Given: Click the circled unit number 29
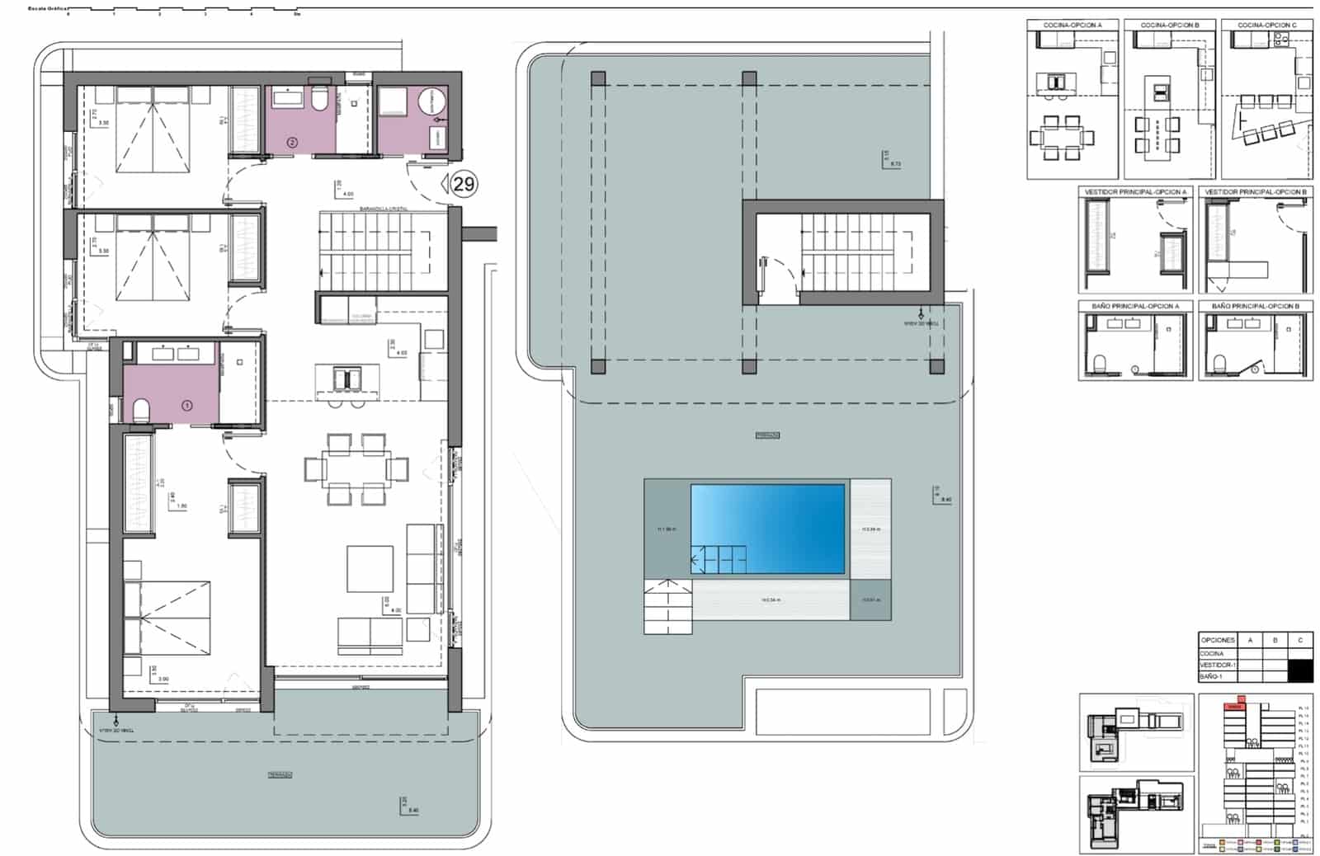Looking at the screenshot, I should pos(464,183).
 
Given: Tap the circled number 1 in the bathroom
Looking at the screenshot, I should pos(187,405).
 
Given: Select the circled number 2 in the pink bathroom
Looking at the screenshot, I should pos(292,142).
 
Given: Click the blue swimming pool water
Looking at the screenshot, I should pos(767,528).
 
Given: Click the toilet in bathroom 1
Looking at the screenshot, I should pos(140,409).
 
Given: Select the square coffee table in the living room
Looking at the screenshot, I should pos(370,569).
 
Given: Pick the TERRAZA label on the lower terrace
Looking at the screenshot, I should pos(280,774).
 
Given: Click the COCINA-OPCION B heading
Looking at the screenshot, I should pos(1169,26).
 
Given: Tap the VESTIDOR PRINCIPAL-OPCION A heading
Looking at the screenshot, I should pos(1135,192).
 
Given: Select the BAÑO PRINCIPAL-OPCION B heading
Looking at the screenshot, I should pos(1255,306).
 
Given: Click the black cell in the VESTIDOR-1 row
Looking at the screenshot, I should pos(1300,670).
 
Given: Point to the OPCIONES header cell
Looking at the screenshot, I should pos(1218,640).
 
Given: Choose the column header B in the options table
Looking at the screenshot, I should pos(1275,640).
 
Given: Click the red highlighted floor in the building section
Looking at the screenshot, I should pos(1234,706).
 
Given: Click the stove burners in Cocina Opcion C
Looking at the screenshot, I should pos(1283,37).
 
